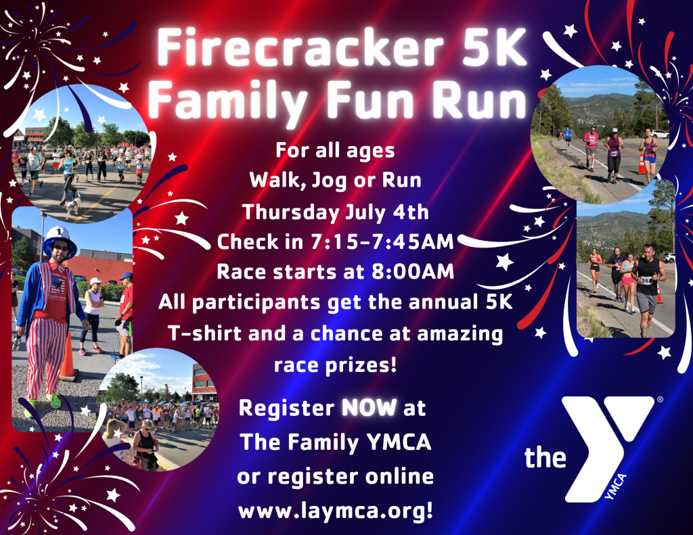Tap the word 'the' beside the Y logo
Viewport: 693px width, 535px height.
click(545, 459)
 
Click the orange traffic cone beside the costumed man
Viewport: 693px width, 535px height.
click(67, 356)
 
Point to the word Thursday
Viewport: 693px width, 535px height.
click(284, 212)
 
